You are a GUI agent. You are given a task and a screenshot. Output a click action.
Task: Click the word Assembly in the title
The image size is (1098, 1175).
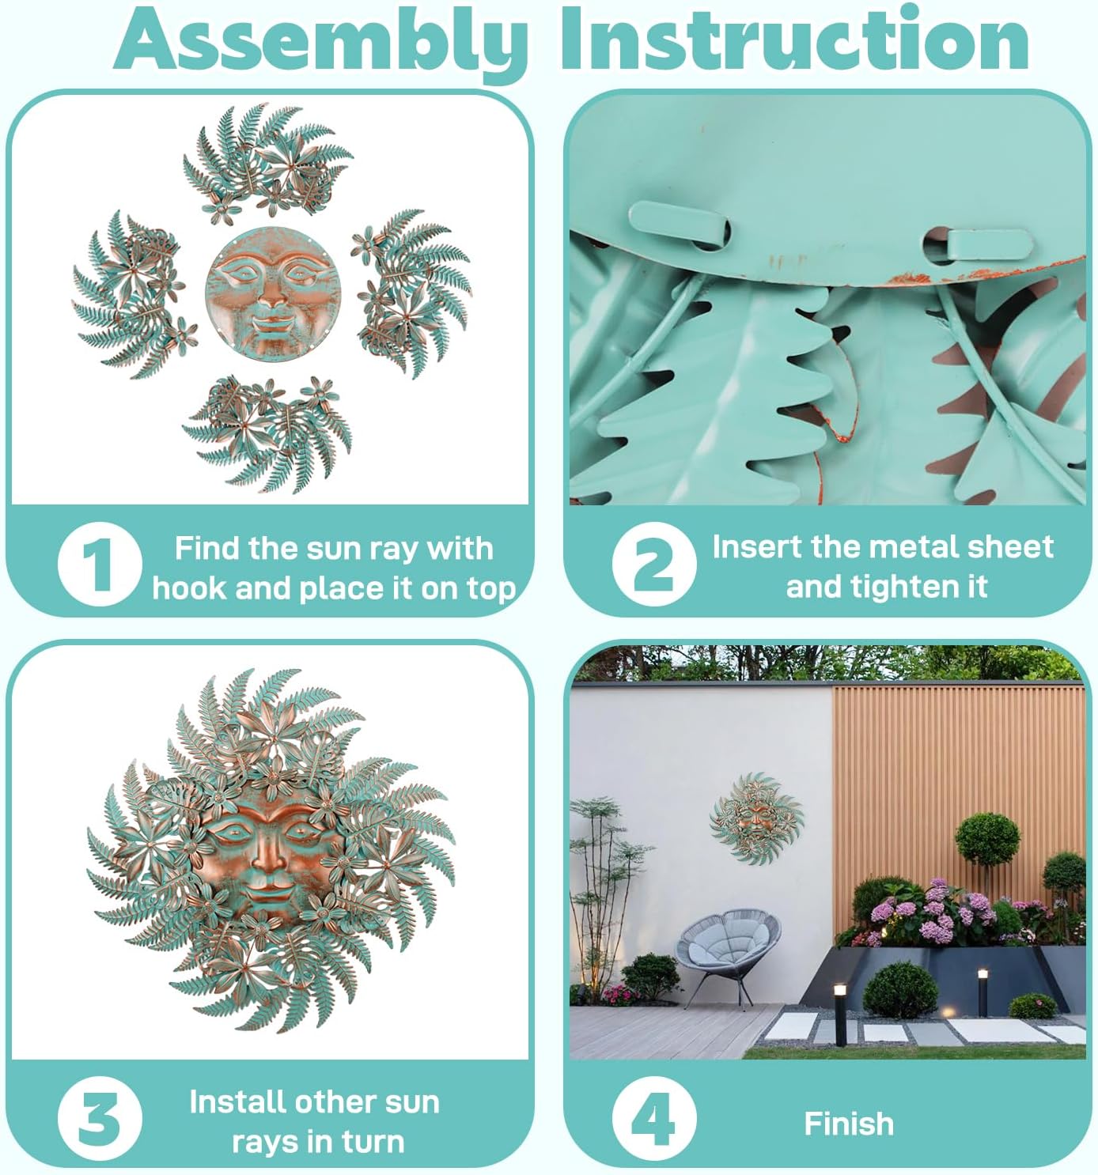tap(321, 40)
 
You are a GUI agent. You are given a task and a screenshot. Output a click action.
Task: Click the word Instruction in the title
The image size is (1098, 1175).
tap(796, 39)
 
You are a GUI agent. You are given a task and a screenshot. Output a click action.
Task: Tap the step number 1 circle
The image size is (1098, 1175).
tap(100, 564)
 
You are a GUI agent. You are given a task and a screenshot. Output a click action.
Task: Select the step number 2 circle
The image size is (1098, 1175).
tap(654, 564)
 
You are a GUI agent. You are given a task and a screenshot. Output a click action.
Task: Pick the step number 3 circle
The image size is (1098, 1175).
tap(100, 1118)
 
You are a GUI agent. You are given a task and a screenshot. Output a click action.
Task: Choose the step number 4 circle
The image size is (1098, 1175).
tap(654, 1118)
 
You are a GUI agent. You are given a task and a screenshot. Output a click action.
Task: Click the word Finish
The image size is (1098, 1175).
tap(849, 1124)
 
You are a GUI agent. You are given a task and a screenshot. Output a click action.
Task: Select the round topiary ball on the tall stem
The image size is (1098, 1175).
tap(987, 838)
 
